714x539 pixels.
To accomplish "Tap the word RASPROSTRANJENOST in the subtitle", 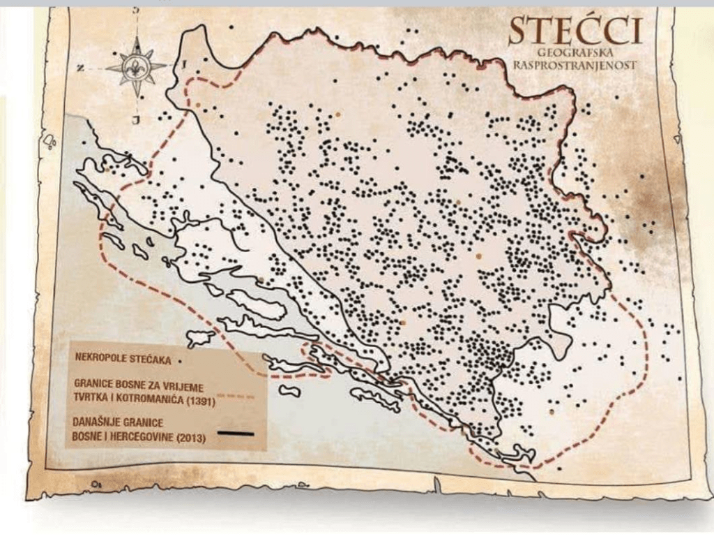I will coord(575,66).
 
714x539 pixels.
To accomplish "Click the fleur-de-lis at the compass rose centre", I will coord(137,68).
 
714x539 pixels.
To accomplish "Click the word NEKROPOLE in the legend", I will coord(102,360).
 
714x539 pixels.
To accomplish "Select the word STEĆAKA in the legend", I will coord(152,360).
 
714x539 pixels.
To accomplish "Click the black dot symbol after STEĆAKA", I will coord(181,361).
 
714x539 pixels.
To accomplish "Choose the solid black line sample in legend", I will coord(235,434).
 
